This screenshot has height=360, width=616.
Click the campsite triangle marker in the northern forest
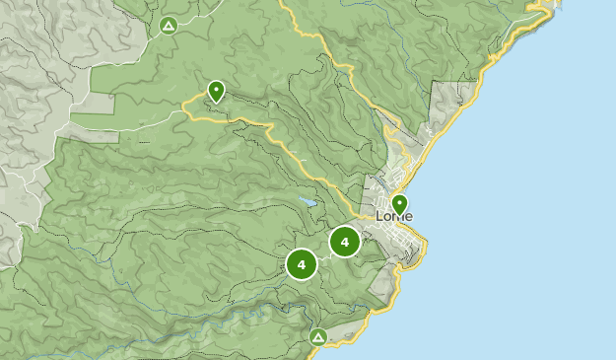tap(168, 25)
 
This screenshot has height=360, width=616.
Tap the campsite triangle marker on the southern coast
tap(317, 337)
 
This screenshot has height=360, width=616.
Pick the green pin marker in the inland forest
tap(216, 92)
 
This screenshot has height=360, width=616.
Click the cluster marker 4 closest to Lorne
tap(344, 242)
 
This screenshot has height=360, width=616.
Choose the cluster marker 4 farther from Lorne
tap(301, 264)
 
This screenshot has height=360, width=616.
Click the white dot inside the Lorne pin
tap(399, 202)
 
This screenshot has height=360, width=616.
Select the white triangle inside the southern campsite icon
tap(317, 337)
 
